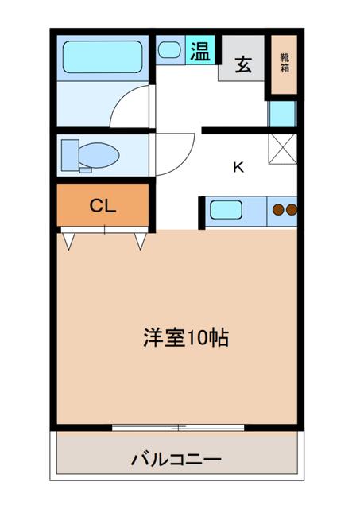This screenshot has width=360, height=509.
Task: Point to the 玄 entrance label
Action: pyautogui.click(x=242, y=65)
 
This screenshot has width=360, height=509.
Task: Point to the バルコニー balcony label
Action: pyautogui.click(x=176, y=460)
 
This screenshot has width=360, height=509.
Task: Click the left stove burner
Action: pyautogui.click(x=279, y=211)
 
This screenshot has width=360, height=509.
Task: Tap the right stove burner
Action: pyautogui.click(x=291, y=211)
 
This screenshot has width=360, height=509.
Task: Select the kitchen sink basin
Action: pyautogui.click(x=226, y=211)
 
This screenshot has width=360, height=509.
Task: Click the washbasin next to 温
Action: pyautogui.click(x=169, y=50)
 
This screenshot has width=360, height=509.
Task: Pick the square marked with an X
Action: pyautogui.click(x=282, y=148)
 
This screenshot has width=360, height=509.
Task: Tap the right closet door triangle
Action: pyautogui.click(x=141, y=239)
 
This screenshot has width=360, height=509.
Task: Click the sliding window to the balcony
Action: pyautogui.click(x=179, y=429)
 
